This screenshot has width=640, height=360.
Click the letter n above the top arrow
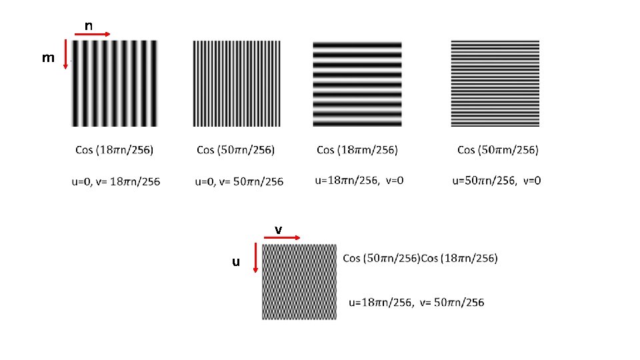(x=88, y=26)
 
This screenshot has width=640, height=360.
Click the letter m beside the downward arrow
(x=48, y=58)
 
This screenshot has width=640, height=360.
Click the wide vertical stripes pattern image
(x=115, y=83)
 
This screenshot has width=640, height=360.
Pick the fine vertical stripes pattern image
(x=237, y=83)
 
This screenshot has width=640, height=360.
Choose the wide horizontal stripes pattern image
(x=357, y=83)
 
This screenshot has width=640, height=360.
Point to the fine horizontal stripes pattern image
(x=495, y=83)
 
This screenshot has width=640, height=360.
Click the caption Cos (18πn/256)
(x=114, y=150)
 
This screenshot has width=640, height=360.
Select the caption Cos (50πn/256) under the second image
(x=236, y=150)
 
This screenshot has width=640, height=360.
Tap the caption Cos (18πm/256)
(x=357, y=150)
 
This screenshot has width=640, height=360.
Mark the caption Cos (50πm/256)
(x=497, y=150)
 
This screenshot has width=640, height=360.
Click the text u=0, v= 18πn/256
(x=116, y=181)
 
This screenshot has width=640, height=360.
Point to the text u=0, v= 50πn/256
(x=239, y=181)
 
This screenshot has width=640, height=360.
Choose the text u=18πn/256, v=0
(x=359, y=180)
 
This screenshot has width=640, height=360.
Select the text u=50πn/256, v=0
(x=497, y=180)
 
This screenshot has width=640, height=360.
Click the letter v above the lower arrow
(x=279, y=229)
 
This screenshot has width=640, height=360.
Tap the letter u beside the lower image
(x=235, y=262)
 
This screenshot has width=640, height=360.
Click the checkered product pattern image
(x=299, y=281)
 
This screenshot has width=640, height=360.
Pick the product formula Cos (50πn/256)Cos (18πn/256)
(x=420, y=258)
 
